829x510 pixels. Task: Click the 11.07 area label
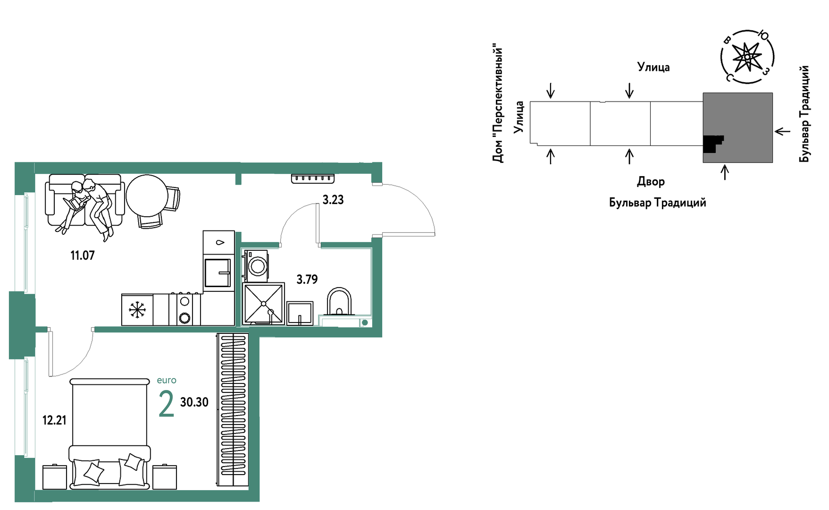[83, 255]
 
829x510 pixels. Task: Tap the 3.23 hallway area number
[333, 200]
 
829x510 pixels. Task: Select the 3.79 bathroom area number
[307, 280]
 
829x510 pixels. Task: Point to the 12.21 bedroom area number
[54, 420]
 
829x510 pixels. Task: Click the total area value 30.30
[194, 402]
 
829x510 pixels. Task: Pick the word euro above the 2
[167, 380]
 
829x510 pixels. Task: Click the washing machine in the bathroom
[255, 266]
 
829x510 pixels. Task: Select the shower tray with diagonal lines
[263, 304]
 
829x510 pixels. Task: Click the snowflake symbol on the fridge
[137, 310]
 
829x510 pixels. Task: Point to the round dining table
[147, 195]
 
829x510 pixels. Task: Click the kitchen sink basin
[218, 272]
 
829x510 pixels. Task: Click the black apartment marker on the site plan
[712, 144]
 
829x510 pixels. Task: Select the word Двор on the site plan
[651, 181]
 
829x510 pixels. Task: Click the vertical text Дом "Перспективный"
[498, 103]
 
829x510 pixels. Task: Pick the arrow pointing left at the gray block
[782, 131]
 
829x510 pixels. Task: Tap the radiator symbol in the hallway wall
[313, 178]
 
